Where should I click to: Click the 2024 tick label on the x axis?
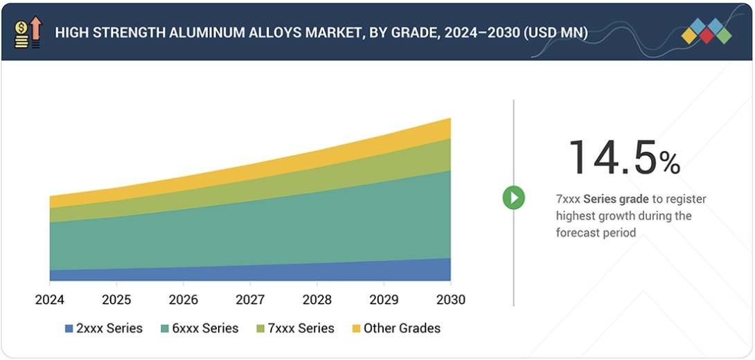click(50, 300)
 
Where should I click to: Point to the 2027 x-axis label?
click(250, 300)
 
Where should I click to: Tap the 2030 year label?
click(450, 300)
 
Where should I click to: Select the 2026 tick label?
click(183, 300)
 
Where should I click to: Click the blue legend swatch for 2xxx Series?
click(69, 329)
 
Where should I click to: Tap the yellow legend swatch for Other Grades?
click(356, 329)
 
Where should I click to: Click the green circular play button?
click(513, 198)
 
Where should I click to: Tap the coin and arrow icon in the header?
click(28, 32)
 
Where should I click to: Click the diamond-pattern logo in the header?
click(706, 32)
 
